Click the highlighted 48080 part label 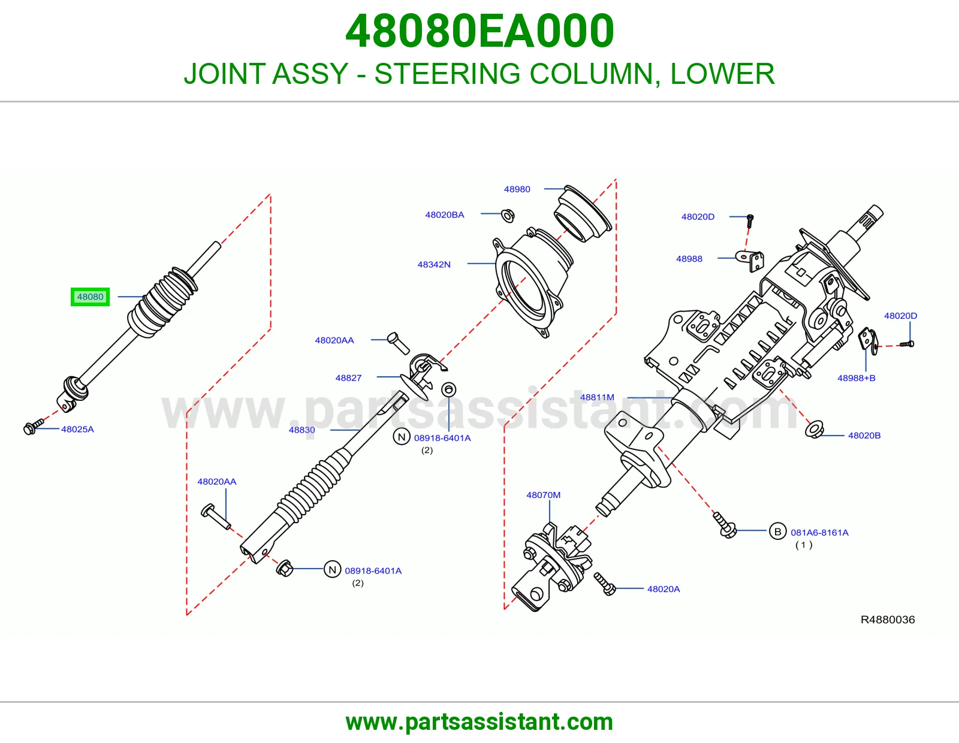tap(90, 297)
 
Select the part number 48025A tap(77, 429)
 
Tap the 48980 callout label tap(517, 189)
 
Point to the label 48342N tap(434, 265)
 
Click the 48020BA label tap(444, 215)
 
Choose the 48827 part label tap(348, 378)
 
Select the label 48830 tap(302, 430)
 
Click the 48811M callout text tap(596, 397)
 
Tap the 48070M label tap(543, 496)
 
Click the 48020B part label tap(864, 436)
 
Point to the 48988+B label tap(856, 378)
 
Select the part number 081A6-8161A tap(819, 533)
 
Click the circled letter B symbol tap(777, 532)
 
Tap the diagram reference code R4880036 tap(888, 620)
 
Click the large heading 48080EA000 tap(479, 31)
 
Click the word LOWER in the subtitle tap(722, 74)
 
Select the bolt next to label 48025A tap(33, 427)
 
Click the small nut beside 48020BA tap(508, 216)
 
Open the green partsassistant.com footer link tap(479, 722)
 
